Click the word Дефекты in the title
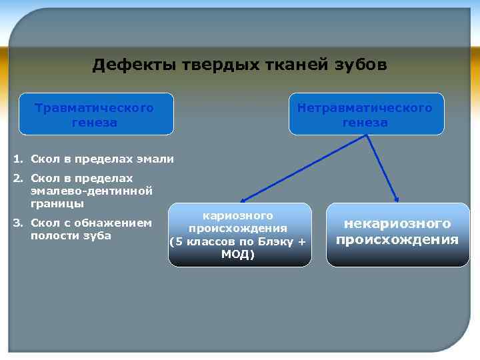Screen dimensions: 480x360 tap(123, 65)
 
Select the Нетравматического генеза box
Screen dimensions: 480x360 tap(365, 115)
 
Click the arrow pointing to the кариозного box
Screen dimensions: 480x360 tap(303, 168)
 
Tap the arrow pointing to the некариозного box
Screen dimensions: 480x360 tap(383, 168)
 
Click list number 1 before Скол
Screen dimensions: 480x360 tap(17, 159)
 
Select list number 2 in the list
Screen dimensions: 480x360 tap(17, 179)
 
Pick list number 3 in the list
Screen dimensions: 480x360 tap(17, 223)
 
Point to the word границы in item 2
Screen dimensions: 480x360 tap(57, 203)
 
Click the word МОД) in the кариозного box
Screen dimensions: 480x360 tap(238, 255)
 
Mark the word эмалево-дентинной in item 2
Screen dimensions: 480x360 tap(92, 191)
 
